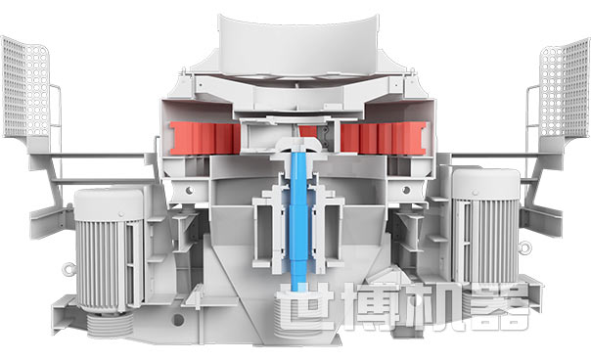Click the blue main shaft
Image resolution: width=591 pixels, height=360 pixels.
(x=298, y=218)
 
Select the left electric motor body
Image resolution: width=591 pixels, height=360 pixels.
(x=109, y=249)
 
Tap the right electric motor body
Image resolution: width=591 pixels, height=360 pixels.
(x=486, y=226)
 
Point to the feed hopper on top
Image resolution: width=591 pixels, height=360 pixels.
(x=298, y=45)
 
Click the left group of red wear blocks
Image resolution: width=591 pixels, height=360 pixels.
(x=205, y=138)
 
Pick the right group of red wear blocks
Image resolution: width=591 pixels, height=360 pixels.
(x=384, y=138)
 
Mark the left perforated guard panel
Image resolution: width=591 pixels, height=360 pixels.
(x=25, y=87)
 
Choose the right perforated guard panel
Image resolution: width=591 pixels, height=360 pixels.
(x=565, y=89)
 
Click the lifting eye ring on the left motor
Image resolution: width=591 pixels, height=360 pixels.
(x=68, y=269)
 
